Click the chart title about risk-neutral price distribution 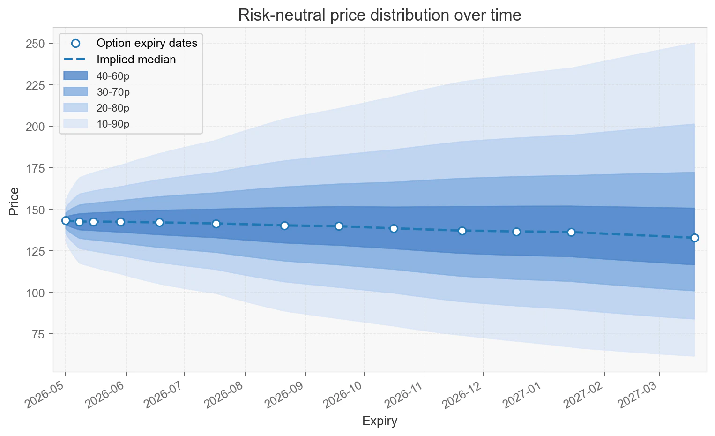(380, 15)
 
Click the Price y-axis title (14, 202)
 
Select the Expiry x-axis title (380, 421)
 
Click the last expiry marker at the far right (694, 238)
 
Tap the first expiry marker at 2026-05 (66, 220)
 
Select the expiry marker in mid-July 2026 (216, 224)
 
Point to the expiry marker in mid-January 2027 (571, 232)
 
